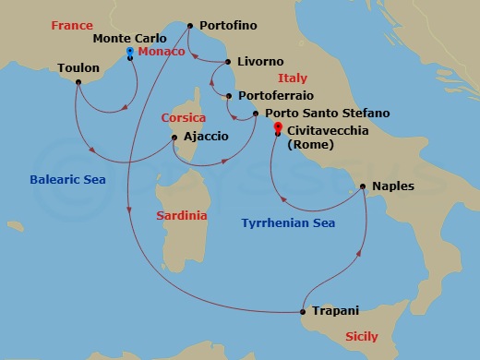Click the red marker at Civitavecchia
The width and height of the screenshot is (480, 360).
(278, 131)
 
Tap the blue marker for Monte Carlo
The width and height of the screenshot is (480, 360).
(129, 52)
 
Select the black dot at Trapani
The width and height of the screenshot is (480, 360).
(304, 311)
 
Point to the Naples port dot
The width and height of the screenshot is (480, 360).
(365, 187)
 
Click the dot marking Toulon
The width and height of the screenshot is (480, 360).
(78, 82)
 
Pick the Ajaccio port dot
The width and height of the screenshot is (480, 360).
(174, 138)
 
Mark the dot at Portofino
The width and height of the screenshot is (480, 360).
(189, 26)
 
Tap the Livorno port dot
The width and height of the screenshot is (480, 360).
(227, 63)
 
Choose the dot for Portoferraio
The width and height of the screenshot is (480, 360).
(229, 96)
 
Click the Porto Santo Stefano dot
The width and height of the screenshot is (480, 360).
(256, 114)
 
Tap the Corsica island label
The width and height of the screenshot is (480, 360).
(184, 118)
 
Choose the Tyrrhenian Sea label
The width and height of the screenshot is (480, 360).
(287, 223)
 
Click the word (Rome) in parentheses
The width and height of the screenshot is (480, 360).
(311, 146)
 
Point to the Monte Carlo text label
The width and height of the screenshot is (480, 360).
(129, 39)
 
